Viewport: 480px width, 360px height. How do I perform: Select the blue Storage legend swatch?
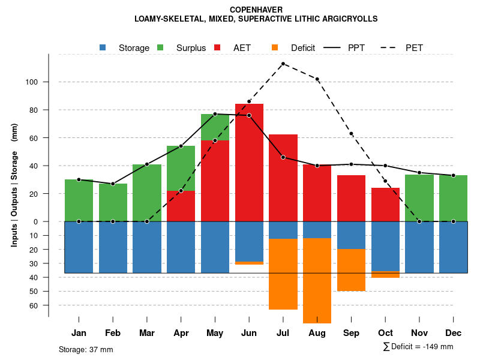tap(103, 47)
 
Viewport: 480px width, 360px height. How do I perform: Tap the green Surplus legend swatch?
tap(160, 47)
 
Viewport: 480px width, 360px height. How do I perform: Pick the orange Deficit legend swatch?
tap(275, 47)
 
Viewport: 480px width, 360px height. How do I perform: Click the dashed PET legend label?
tap(414, 48)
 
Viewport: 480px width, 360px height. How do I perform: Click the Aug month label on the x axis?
tap(317, 333)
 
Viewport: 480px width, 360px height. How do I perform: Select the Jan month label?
tap(79, 333)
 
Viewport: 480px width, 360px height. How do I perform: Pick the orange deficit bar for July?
tap(283, 274)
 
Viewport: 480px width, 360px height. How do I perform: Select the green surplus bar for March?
tap(147, 193)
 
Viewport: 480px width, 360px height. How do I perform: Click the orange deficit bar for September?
tap(351, 270)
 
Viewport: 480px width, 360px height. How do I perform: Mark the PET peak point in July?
tap(283, 64)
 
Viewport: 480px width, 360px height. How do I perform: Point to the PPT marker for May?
tap(215, 114)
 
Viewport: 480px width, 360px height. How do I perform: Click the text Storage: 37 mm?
tap(86, 349)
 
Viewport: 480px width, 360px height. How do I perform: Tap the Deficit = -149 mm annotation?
tap(418, 347)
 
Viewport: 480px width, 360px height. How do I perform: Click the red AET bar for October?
tap(385, 205)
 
